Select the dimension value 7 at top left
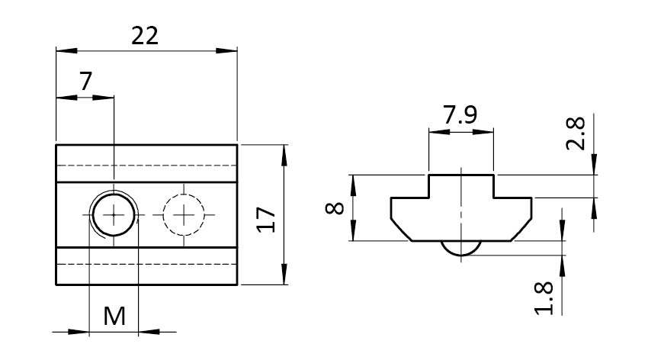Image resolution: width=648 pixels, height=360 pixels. click(x=85, y=81)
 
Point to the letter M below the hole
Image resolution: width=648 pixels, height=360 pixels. click(x=114, y=316)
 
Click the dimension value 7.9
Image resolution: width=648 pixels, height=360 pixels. click(x=460, y=116)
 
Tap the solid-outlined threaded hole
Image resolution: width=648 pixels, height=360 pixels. click(x=114, y=215)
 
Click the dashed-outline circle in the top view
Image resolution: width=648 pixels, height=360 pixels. click(x=184, y=215)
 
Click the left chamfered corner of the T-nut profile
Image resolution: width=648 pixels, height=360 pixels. click(x=400, y=227)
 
